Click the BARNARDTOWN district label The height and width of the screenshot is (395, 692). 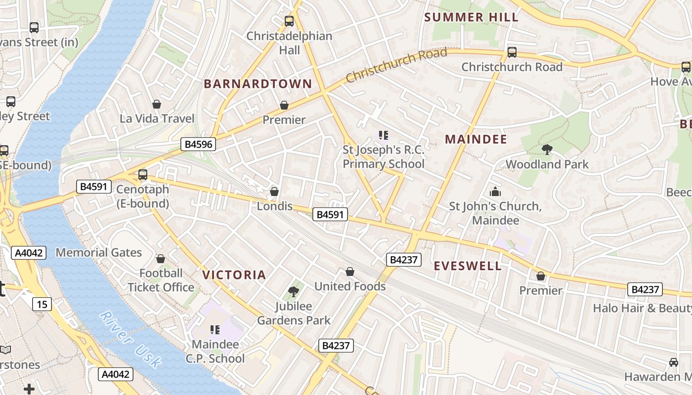258,84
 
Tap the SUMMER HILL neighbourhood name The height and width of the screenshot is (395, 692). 471,17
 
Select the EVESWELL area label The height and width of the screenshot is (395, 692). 468,266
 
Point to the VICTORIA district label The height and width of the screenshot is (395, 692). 234,275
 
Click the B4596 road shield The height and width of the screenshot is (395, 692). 199,144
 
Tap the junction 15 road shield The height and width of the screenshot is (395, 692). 43,304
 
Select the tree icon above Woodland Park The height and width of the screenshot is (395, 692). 547,149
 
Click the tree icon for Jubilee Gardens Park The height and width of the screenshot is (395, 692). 294,291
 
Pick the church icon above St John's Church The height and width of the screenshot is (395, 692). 495,192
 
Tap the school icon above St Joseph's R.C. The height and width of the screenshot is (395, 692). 383,135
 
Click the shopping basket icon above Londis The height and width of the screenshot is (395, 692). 274,192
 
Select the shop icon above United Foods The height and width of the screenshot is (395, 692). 350,272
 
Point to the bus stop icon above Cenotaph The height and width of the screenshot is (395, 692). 143,174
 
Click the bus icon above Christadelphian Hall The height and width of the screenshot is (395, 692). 289,21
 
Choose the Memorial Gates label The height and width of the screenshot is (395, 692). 98,253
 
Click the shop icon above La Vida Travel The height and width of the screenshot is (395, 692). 157,104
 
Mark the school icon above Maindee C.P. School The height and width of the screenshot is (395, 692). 215,329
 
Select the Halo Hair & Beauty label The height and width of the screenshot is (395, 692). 642,308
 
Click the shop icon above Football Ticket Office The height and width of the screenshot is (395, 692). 161,259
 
